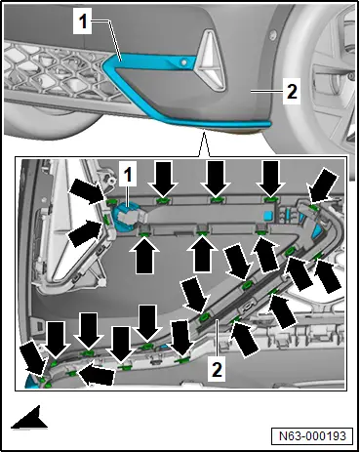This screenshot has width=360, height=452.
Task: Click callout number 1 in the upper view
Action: point(83,21)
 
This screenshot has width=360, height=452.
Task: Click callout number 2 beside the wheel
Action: point(292,92)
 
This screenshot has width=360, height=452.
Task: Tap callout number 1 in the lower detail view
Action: point(128,174)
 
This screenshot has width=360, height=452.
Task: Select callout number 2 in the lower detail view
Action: point(217,369)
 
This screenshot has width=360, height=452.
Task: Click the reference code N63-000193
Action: point(312,435)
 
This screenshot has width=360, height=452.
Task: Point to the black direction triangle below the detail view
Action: point(30,418)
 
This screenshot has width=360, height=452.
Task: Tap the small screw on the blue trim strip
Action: point(184,62)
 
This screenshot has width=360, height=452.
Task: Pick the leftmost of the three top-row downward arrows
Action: point(163,180)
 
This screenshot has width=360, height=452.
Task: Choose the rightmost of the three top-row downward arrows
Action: point(270,179)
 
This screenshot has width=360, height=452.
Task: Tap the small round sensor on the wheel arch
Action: point(273,34)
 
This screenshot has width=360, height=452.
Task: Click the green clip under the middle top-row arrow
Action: point(217,199)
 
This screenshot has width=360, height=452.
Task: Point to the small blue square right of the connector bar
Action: point(268,216)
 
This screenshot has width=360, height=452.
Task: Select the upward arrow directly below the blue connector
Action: point(144,255)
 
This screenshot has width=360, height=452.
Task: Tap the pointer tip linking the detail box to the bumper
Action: point(204,131)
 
